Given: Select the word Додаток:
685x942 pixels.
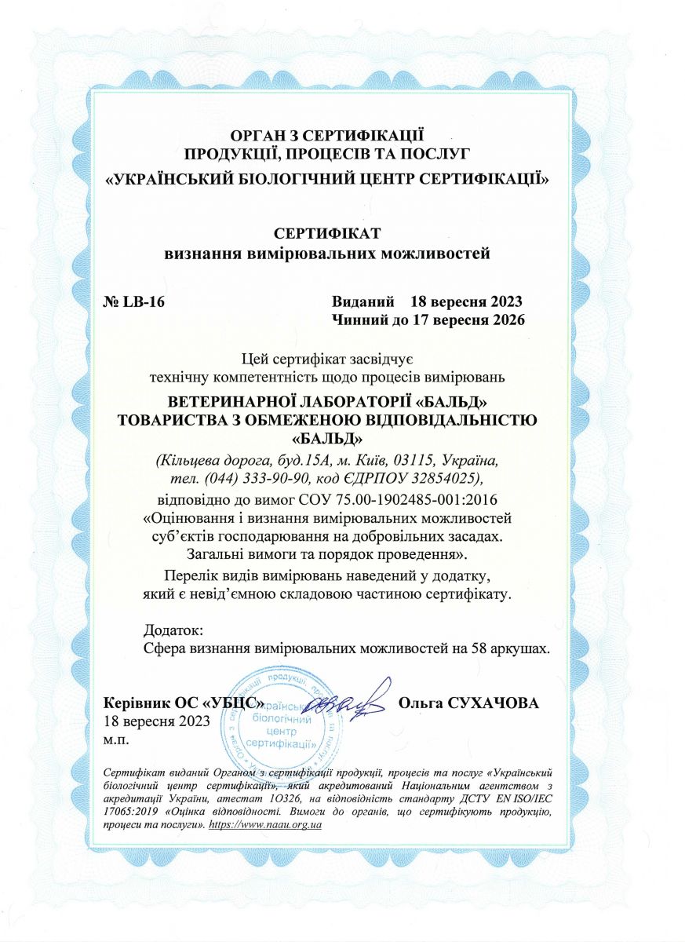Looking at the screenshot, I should pyautogui.click(x=174, y=630).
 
